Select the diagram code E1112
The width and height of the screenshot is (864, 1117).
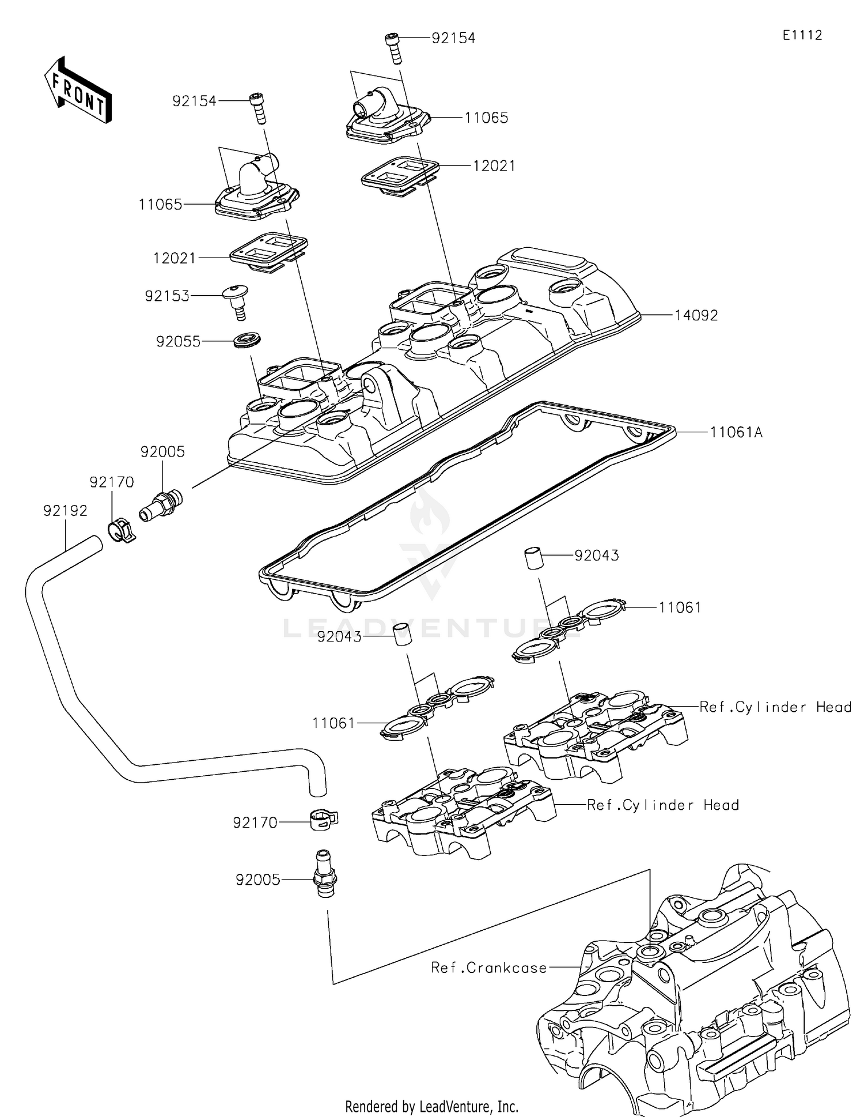802,35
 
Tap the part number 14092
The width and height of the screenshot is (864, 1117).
696,315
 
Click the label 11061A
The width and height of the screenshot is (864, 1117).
736,432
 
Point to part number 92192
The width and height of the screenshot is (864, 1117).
65,511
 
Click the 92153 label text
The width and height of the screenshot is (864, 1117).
167,296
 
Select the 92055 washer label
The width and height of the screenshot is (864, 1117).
179,341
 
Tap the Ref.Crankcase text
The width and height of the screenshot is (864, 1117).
488,968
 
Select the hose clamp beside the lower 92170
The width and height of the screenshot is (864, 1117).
324,819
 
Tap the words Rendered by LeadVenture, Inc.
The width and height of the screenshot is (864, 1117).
431,1106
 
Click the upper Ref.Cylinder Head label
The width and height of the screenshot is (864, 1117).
775,707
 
